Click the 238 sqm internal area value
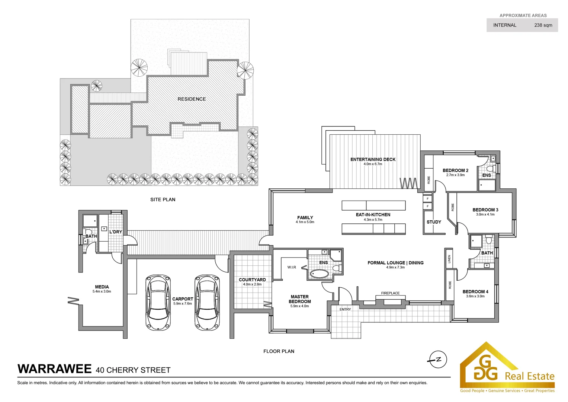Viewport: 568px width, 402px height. coord(543,25)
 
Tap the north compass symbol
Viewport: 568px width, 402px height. coord(438,360)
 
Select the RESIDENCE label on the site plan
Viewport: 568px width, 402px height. coord(192,99)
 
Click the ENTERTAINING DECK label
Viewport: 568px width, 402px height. coord(373,159)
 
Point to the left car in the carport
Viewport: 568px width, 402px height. coord(158,302)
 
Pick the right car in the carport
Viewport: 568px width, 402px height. coord(207,302)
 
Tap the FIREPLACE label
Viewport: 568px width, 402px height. coord(390,293)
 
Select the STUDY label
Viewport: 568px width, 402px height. coord(434,222)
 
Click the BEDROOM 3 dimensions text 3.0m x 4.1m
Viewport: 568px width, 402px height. coord(485,214)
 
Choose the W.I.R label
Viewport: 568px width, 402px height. coord(292,267)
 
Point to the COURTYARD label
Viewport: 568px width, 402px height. coord(252,280)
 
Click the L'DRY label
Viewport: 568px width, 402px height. coord(116,232)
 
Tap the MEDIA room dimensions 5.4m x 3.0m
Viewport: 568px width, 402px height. coord(102,291)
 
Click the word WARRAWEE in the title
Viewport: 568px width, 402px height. coord(54,369)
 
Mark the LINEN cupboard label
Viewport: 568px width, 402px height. coord(449,258)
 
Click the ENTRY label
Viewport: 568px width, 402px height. coord(345,309)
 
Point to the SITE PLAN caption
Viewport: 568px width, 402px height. coord(163,200)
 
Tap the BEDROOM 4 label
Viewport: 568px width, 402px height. coord(475,291)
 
